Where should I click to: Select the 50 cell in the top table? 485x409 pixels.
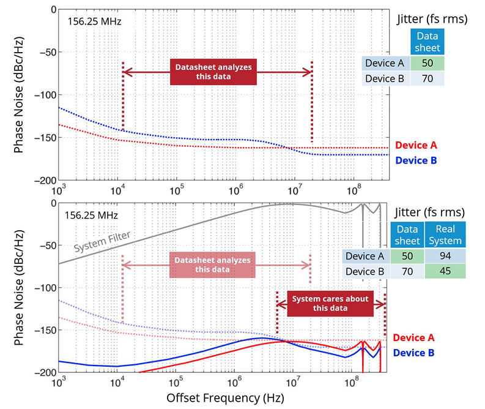[427, 63]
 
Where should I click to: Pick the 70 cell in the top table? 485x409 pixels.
[427, 78]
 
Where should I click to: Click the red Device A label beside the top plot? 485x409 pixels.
[416, 146]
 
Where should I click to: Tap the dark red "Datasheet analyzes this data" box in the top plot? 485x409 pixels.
[213, 72]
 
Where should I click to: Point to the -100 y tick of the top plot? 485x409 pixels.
[43, 95]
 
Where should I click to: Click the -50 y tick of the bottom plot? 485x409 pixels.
[46, 246]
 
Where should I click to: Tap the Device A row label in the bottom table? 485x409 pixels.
[366, 257]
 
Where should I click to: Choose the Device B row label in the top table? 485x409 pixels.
[385, 78]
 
